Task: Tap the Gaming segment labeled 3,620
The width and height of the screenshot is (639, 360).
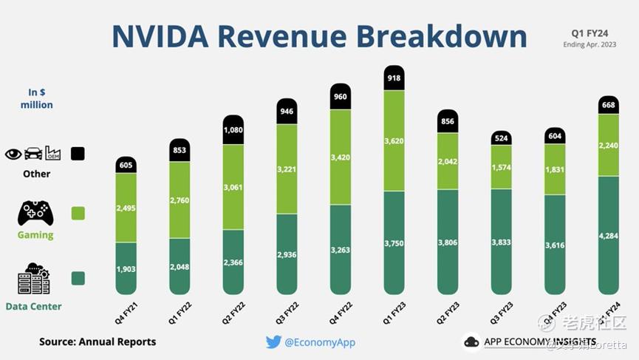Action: click(x=394, y=140)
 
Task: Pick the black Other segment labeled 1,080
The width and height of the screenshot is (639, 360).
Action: click(x=233, y=129)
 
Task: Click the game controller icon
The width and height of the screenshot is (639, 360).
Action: click(x=35, y=213)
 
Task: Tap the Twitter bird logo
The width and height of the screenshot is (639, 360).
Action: click(x=273, y=342)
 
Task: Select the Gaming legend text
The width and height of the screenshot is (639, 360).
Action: click(x=35, y=234)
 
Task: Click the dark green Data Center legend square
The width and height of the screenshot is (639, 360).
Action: click(x=78, y=278)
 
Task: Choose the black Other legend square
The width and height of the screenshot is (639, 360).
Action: click(x=78, y=154)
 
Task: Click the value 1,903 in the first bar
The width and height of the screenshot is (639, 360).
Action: click(x=126, y=269)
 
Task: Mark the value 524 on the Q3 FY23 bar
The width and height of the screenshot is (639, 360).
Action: click(x=501, y=138)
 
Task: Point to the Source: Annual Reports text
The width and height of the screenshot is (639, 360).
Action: click(x=98, y=342)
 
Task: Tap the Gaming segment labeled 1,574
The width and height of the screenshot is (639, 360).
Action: click(x=501, y=167)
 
